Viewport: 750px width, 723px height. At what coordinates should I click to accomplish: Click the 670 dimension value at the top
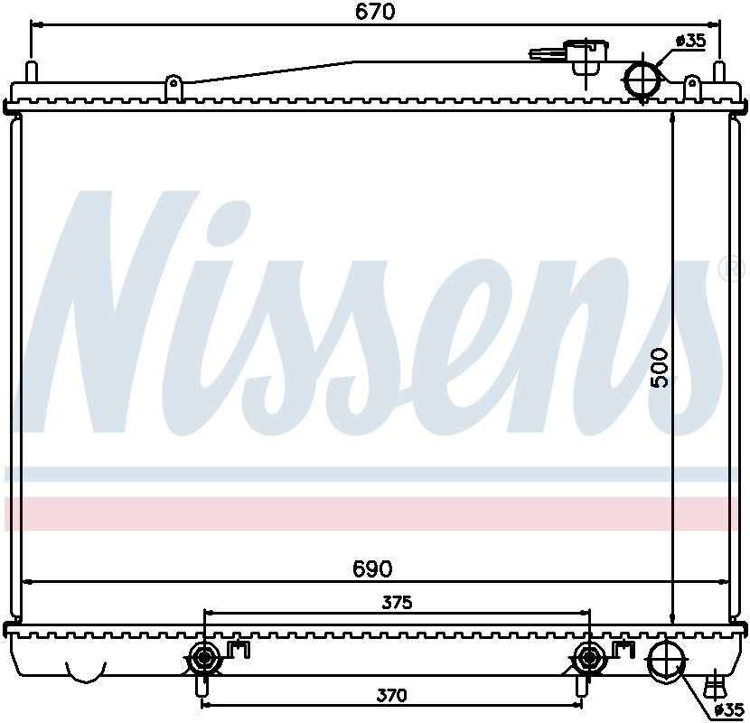tap(375, 12)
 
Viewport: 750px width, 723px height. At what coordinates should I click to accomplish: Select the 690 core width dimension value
tap(372, 568)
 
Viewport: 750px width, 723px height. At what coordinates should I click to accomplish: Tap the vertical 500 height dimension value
tap(661, 368)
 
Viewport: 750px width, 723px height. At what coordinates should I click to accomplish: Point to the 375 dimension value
tap(397, 603)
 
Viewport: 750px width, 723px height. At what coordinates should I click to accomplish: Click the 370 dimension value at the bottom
tap(391, 694)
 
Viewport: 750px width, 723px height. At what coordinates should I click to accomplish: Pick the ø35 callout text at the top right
tap(689, 42)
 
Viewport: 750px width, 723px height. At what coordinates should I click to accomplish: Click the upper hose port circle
tap(643, 80)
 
